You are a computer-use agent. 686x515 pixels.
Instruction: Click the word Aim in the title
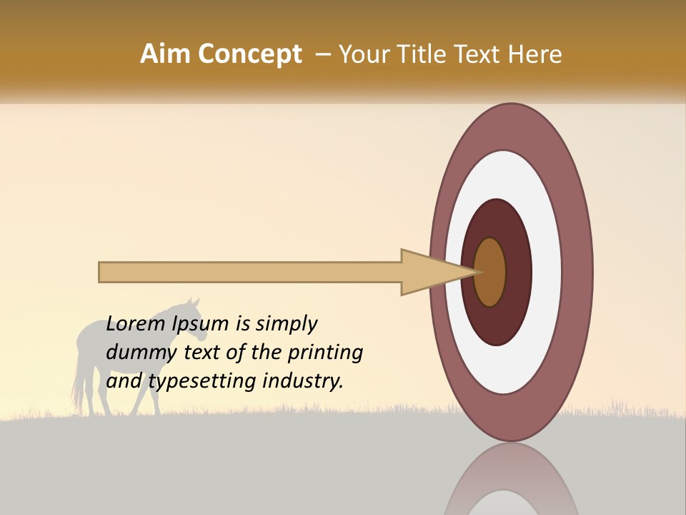(166, 54)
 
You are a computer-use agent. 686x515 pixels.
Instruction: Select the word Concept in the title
(250, 55)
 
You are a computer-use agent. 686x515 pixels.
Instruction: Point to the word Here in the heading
(535, 54)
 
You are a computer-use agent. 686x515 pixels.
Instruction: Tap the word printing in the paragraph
(324, 353)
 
